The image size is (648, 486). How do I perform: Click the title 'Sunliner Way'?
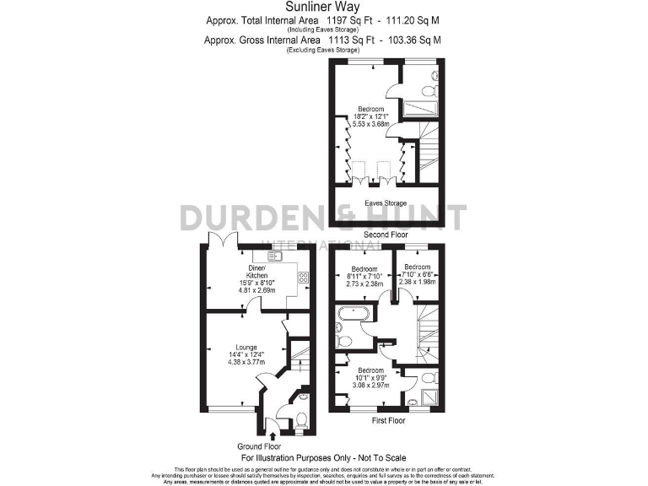click(324, 7)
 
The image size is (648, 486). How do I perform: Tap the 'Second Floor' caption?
click(386, 234)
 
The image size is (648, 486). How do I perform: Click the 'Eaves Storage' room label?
click(386, 203)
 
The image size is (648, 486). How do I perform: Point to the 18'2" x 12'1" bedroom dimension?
click(371, 117)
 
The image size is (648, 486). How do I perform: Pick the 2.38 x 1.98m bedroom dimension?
click(419, 282)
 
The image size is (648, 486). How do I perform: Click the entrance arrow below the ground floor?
click(272, 435)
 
